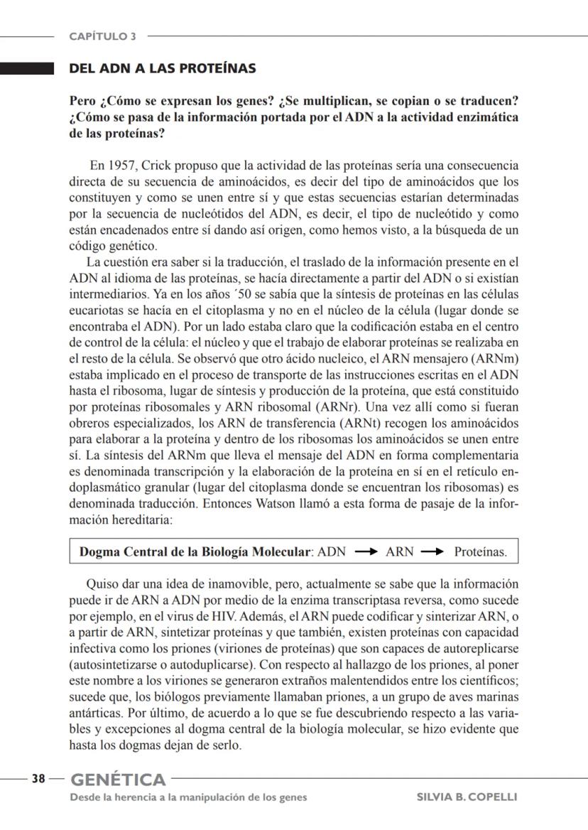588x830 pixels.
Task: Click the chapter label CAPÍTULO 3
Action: click(x=103, y=36)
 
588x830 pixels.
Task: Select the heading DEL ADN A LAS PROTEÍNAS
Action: click(x=162, y=69)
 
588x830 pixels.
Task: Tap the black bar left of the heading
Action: click(x=27, y=69)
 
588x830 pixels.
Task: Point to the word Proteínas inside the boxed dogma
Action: click(x=481, y=551)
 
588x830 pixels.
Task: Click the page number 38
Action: click(x=38, y=779)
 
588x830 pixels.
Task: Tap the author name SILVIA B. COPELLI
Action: click(x=467, y=797)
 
